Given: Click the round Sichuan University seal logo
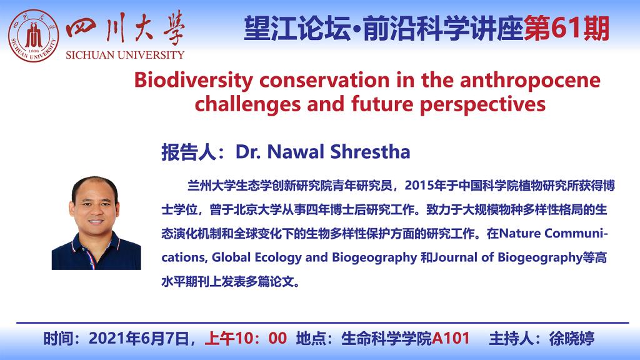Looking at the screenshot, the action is click(34, 36).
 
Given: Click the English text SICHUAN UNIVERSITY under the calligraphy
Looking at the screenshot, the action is click(125, 55).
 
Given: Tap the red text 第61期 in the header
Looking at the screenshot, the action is click(566, 29).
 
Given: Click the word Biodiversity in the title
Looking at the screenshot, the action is click(194, 81).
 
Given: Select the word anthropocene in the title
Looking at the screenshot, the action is click(530, 81).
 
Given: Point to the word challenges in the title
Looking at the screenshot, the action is click(247, 104).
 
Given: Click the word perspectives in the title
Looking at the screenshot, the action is click(482, 105).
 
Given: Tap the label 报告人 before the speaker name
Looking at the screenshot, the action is click(189, 152).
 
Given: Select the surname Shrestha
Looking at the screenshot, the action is click(370, 151).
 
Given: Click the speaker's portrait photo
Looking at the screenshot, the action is click(96, 223).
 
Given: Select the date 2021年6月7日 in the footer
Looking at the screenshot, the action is click(139, 338).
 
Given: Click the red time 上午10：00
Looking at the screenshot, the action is click(246, 338).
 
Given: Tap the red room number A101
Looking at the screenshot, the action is click(451, 338).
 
